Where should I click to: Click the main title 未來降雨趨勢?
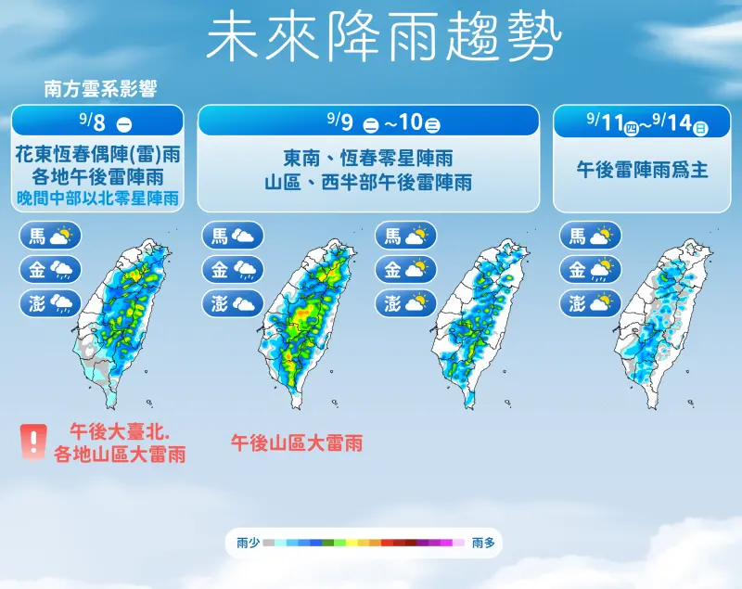click(383, 39)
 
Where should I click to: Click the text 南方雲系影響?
click(100, 89)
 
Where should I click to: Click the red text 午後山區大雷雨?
click(296, 442)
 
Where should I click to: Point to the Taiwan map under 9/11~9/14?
click(662, 320)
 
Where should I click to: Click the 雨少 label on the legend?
click(248, 543)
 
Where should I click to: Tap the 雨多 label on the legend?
click(483, 543)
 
